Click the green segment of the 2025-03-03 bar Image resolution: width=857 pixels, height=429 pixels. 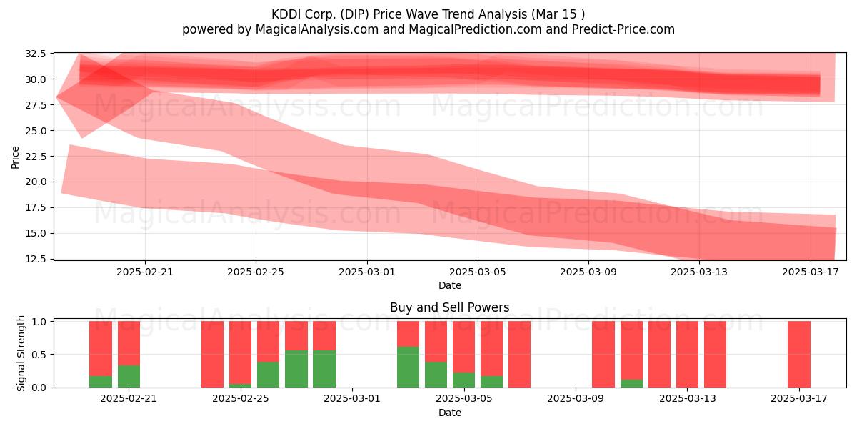[408, 367]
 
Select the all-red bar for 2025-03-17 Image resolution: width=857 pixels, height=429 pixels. [799, 355]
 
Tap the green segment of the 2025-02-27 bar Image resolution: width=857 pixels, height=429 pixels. [296, 369]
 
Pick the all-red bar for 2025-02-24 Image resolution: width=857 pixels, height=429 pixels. [212, 355]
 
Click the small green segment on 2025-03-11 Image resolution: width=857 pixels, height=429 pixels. [631, 383]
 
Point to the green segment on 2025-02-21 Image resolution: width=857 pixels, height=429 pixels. [129, 377]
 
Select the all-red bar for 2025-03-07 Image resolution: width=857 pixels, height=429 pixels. [520, 355]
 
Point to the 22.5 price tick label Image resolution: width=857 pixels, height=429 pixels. [35, 157]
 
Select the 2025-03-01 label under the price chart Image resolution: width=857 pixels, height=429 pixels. [367, 272]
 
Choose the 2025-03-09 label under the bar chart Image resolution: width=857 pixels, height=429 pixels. [576, 399]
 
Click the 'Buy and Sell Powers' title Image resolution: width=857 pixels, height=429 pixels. [449, 307]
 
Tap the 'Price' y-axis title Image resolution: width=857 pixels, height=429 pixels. [15, 157]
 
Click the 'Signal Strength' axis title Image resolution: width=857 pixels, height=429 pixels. [21, 353]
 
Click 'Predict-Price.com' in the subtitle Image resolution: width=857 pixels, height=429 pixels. [623, 29]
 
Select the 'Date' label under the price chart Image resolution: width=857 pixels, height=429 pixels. [449, 285]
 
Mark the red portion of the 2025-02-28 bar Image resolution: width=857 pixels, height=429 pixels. [324, 335]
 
